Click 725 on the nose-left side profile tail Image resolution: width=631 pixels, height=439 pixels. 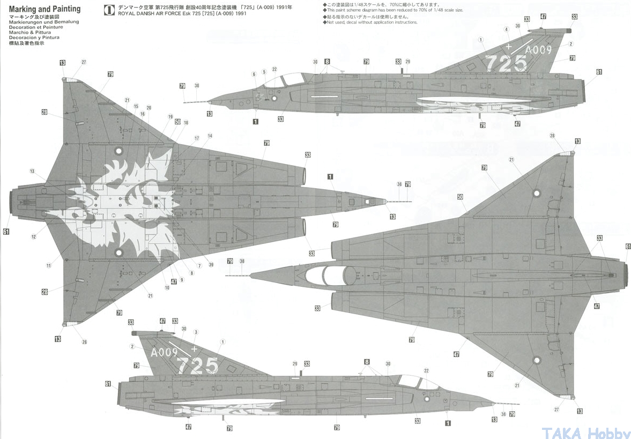click(x=507, y=63)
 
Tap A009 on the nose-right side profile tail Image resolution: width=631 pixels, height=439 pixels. click(x=164, y=353)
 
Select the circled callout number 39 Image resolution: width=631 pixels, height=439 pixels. click(x=211, y=265)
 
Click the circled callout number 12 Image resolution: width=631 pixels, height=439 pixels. click(x=33, y=237)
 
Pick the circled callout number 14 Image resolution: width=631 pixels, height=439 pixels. click(x=210, y=136)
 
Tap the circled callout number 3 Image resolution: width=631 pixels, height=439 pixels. click(x=196, y=332)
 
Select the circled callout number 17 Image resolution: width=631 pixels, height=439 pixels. click(x=197, y=138)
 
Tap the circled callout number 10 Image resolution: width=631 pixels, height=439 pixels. click(x=167, y=288)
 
